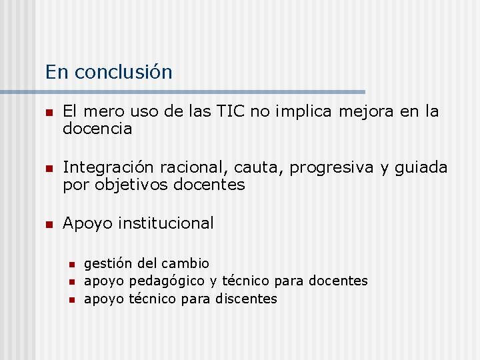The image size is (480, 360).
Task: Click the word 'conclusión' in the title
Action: pos(123,72)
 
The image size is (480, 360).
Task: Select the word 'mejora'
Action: pos(367,111)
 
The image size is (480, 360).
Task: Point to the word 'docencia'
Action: pos(97,129)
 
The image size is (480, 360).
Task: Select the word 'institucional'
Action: pos(166,223)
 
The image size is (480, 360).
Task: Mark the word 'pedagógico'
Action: pos(166,281)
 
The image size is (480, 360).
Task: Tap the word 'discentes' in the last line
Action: pos(246,299)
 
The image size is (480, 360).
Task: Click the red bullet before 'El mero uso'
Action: pos(48,113)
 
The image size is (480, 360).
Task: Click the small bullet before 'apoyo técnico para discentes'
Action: pos(72,299)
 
